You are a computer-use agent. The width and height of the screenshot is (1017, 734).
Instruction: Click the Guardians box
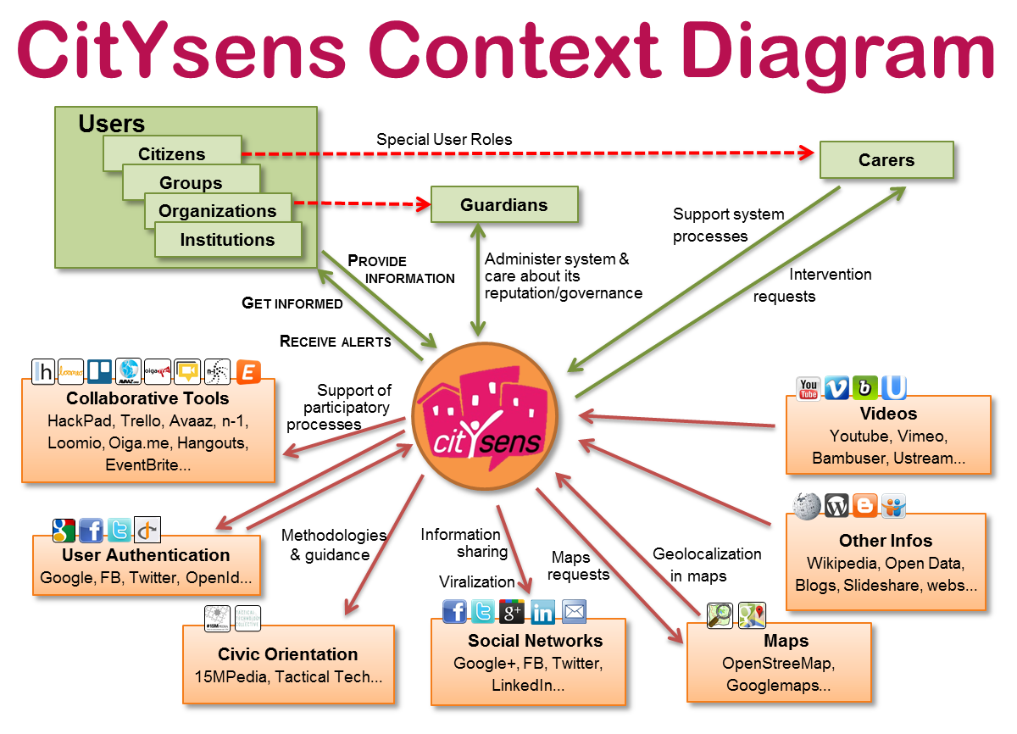pos(504,205)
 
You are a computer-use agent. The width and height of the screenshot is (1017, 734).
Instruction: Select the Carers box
pos(886,160)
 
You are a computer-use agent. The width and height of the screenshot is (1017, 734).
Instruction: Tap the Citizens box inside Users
pos(172,153)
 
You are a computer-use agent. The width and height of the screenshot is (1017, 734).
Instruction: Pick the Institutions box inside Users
pos(227,240)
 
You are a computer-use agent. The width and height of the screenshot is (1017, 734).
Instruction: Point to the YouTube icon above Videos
pos(809,388)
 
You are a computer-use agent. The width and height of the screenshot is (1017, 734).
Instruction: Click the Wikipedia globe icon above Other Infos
pos(807,506)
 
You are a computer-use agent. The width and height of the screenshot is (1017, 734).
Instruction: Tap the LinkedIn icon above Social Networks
pos(542,612)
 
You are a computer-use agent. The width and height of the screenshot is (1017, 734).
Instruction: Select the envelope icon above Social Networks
pos(574,611)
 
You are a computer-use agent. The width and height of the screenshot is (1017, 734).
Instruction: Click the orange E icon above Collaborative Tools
pos(248,371)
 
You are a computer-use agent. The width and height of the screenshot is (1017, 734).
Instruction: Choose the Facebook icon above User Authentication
pos(92,531)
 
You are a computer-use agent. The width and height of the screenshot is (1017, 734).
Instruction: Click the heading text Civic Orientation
pos(288,654)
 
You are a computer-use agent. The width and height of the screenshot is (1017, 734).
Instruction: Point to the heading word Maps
pos(786,641)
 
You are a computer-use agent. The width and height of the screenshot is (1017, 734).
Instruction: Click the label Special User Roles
pos(444,139)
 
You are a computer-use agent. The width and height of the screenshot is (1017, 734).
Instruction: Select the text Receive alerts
pos(336,342)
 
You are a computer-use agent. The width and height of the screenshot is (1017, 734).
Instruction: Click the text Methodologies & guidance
pos(333,545)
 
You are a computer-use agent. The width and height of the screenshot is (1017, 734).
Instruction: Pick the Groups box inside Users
pos(191,182)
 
